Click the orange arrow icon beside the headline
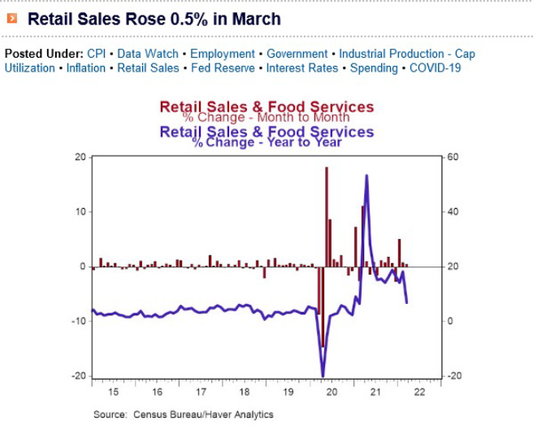tap(12, 18)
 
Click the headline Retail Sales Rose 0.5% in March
tap(154, 18)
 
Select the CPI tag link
tap(97, 54)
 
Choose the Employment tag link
tap(223, 54)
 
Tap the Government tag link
tap(297, 54)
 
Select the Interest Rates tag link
tap(301, 68)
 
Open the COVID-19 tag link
tap(435, 68)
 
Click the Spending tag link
tap(374, 68)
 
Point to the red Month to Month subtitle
tap(266, 118)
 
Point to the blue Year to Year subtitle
tap(266, 143)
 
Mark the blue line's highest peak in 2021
tap(367, 176)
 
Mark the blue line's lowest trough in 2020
tap(323, 375)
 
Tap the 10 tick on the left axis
tap(81, 212)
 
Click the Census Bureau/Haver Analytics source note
tap(184, 414)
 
